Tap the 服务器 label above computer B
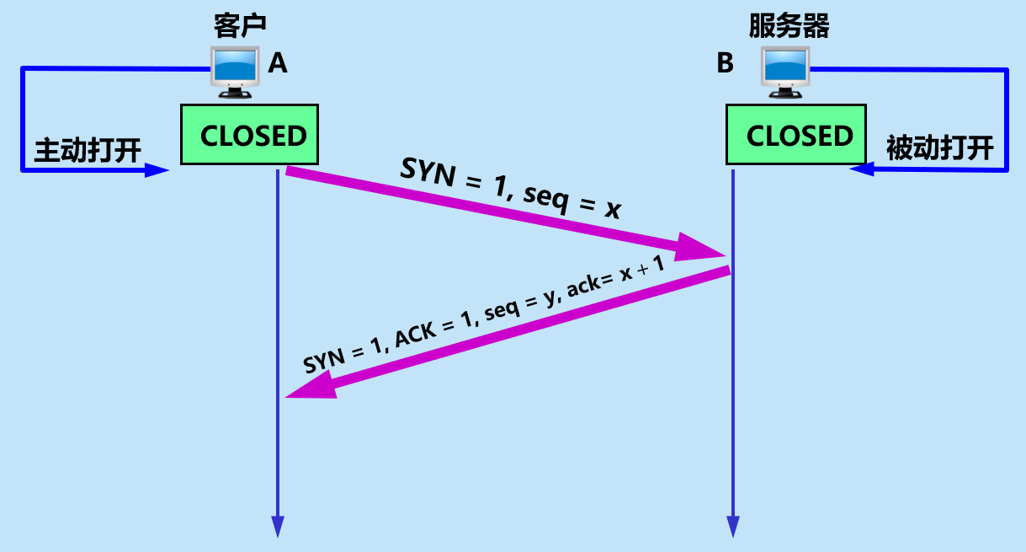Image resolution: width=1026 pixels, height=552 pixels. (789, 26)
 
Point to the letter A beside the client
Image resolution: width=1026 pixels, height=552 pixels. (278, 63)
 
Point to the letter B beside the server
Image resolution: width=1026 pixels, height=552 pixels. (725, 63)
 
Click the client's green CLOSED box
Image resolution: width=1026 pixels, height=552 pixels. (251, 135)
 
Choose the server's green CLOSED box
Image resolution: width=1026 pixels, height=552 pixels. (797, 135)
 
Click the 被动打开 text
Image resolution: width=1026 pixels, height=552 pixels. (939, 149)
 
